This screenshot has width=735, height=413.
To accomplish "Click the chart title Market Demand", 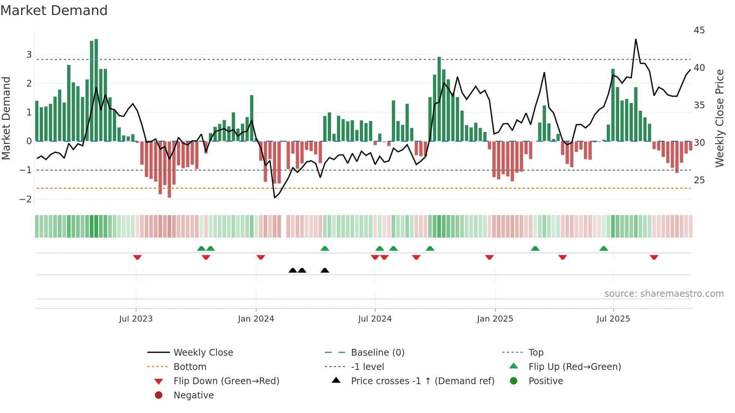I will [54, 10].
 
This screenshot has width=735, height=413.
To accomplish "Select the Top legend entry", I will [535, 352].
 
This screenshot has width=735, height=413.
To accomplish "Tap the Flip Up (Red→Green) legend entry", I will [574, 367].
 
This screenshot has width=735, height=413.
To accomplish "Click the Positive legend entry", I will [545, 381].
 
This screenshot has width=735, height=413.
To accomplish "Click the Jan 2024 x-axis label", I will [256, 319].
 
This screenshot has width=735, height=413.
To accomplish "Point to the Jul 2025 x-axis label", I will [613, 319].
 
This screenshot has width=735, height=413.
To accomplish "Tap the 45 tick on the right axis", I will [699, 30].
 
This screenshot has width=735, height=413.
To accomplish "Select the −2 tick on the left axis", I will [25, 199].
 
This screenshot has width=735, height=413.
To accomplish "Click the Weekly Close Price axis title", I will [719, 118].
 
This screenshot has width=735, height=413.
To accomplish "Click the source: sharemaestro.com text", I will [664, 293].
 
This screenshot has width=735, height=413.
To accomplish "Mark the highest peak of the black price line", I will [636, 39].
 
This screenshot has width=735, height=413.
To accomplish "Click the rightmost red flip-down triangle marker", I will [654, 257].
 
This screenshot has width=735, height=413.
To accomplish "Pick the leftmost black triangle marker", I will [292, 270].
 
